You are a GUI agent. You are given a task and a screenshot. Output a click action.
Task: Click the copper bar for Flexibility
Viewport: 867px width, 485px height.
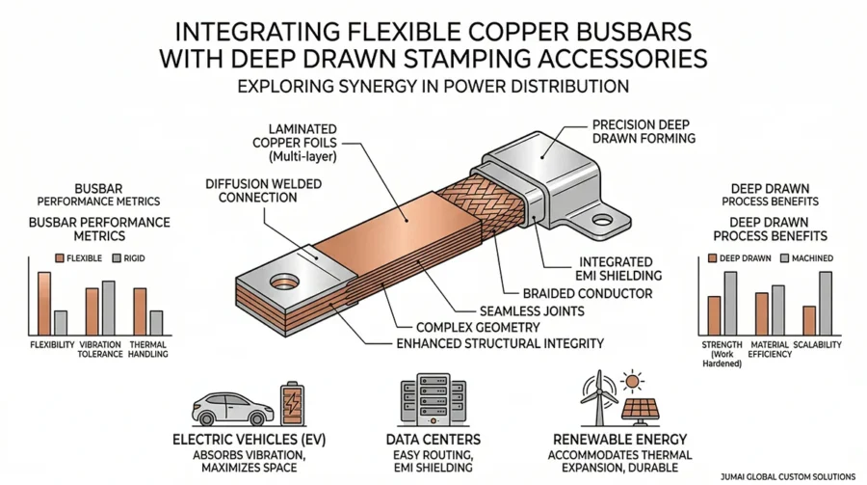pyautogui.click(x=43, y=303)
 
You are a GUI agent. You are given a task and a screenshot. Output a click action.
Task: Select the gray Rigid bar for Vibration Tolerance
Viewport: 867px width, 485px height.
pyautogui.click(x=108, y=308)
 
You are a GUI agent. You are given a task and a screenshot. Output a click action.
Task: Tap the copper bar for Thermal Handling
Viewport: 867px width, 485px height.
pyautogui.click(x=139, y=310)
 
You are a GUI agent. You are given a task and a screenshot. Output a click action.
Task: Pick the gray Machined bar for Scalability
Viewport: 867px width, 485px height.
pyautogui.click(x=825, y=303)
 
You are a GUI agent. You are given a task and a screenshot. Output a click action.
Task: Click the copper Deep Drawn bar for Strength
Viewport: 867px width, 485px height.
pyautogui.click(x=714, y=314)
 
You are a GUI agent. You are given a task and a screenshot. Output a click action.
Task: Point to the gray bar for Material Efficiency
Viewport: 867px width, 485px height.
pyautogui.click(x=777, y=308)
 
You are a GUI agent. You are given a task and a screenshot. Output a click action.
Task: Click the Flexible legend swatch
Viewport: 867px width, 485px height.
pyautogui.click(x=60, y=257)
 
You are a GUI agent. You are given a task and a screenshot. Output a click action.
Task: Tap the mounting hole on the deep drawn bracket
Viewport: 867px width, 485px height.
pyautogui.click(x=602, y=220)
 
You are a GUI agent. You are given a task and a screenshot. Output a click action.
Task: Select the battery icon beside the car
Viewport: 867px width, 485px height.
pyautogui.click(x=289, y=402)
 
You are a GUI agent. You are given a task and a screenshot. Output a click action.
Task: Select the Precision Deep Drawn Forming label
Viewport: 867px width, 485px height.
pyautogui.click(x=642, y=130)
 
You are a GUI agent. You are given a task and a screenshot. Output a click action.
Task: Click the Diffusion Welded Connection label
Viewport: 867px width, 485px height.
pyautogui.click(x=250, y=189)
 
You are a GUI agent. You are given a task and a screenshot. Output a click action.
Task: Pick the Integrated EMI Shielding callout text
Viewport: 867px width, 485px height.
pyautogui.click(x=622, y=268)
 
